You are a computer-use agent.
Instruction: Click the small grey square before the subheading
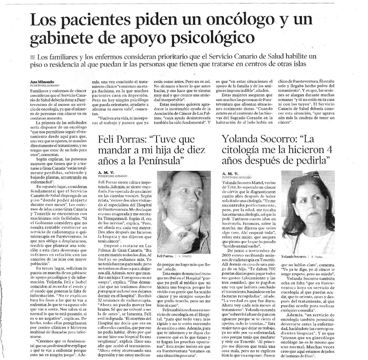pyautogui.click(x=32, y=57)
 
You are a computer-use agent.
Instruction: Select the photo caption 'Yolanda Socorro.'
pyautogui.click(x=294, y=256)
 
